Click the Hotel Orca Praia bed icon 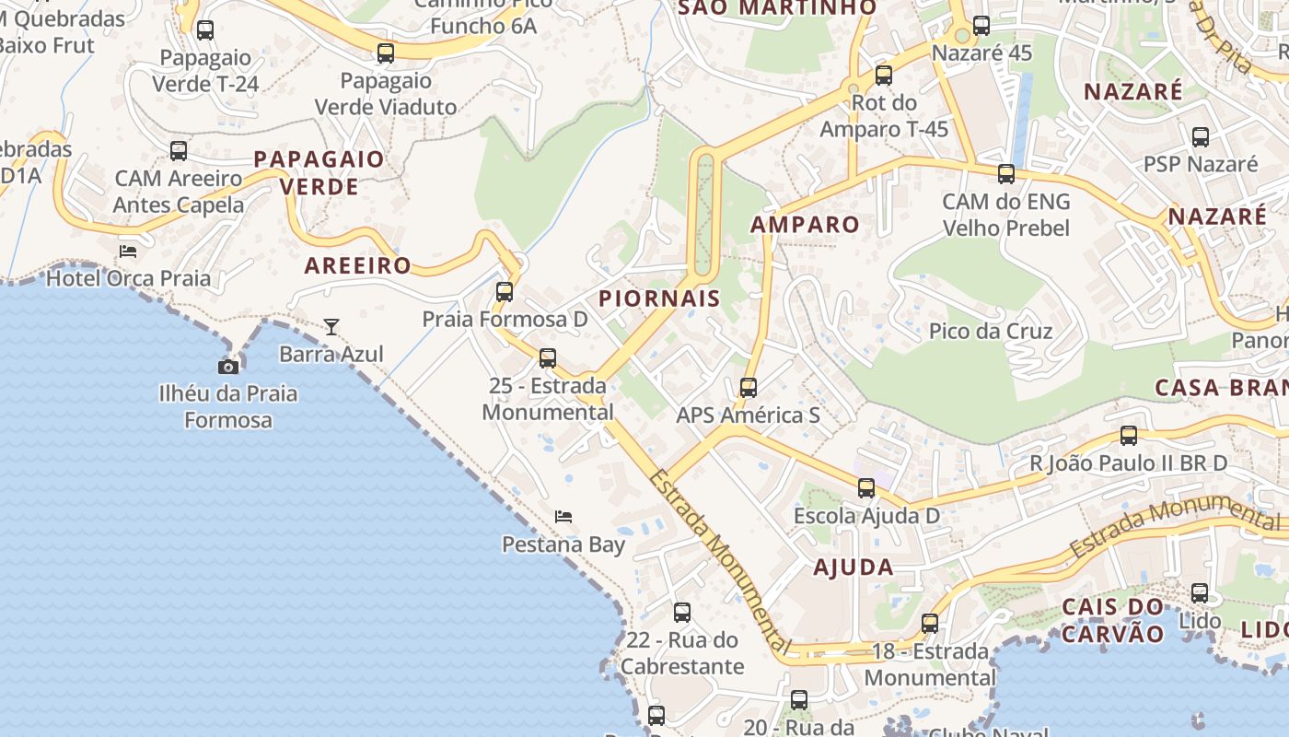coord(128,251)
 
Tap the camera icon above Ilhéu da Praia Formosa coord(228,367)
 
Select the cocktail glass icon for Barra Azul coord(331,326)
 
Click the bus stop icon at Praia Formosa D coord(505,292)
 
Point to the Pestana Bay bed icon coord(563,517)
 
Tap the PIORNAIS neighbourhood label coord(659,298)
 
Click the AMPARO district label coord(805,225)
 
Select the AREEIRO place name coord(358,266)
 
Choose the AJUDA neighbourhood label coord(854,567)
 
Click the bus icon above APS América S coord(749,388)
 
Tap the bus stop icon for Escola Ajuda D coord(866,488)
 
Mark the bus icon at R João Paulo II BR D coord(1129,436)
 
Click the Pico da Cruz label coord(991,332)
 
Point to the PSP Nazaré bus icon coord(1201,137)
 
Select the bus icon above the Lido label coord(1200,593)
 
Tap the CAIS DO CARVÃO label coord(1113,620)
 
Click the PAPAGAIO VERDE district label coord(319,173)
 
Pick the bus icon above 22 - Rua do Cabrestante coord(682,612)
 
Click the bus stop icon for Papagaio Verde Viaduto coord(386,53)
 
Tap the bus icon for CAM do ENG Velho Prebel coord(1006,173)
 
